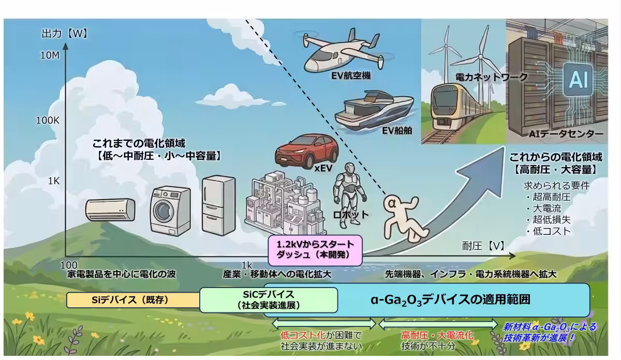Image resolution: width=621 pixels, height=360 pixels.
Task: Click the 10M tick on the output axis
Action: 50,55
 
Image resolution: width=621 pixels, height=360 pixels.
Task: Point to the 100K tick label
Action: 48,121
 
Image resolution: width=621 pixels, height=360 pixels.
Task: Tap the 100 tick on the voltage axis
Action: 69,265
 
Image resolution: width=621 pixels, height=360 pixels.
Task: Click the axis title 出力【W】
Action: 65,34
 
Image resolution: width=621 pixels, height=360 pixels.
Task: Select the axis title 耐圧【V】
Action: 483,246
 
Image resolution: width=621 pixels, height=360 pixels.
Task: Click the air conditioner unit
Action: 110,209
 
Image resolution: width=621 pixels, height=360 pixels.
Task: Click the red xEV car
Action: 306,151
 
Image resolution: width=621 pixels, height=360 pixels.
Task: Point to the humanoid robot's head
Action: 350,169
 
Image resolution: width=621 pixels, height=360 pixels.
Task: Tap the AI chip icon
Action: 578,79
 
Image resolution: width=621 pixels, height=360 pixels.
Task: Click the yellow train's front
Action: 447,108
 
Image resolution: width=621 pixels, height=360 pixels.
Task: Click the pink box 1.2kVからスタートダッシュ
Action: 315,250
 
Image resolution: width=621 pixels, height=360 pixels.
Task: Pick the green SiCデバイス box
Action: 269,300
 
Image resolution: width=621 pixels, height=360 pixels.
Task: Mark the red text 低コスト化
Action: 303,336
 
